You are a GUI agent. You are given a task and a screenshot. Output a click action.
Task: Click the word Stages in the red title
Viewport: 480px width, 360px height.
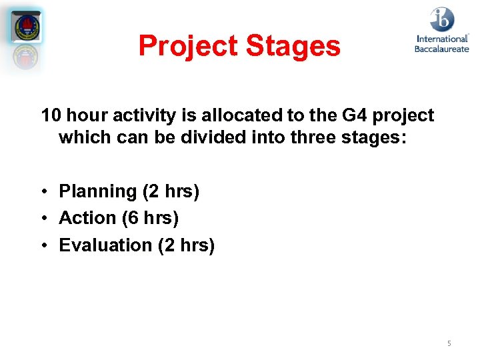click(x=293, y=47)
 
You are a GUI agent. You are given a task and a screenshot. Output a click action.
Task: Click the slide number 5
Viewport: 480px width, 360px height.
click(x=449, y=343)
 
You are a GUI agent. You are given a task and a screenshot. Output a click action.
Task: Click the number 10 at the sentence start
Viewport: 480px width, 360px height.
click(x=51, y=115)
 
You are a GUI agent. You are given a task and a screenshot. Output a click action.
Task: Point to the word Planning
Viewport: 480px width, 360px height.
click(x=97, y=192)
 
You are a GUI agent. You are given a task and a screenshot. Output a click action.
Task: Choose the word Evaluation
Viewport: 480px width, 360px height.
click(x=105, y=245)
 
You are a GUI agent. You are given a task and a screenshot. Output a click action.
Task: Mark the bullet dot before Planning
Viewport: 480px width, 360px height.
click(x=42, y=193)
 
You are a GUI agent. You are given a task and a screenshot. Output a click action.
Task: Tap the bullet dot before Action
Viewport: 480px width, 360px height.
click(x=42, y=219)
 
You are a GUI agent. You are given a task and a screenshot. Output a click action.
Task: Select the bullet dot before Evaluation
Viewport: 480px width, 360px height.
click(x=42, y=246)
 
